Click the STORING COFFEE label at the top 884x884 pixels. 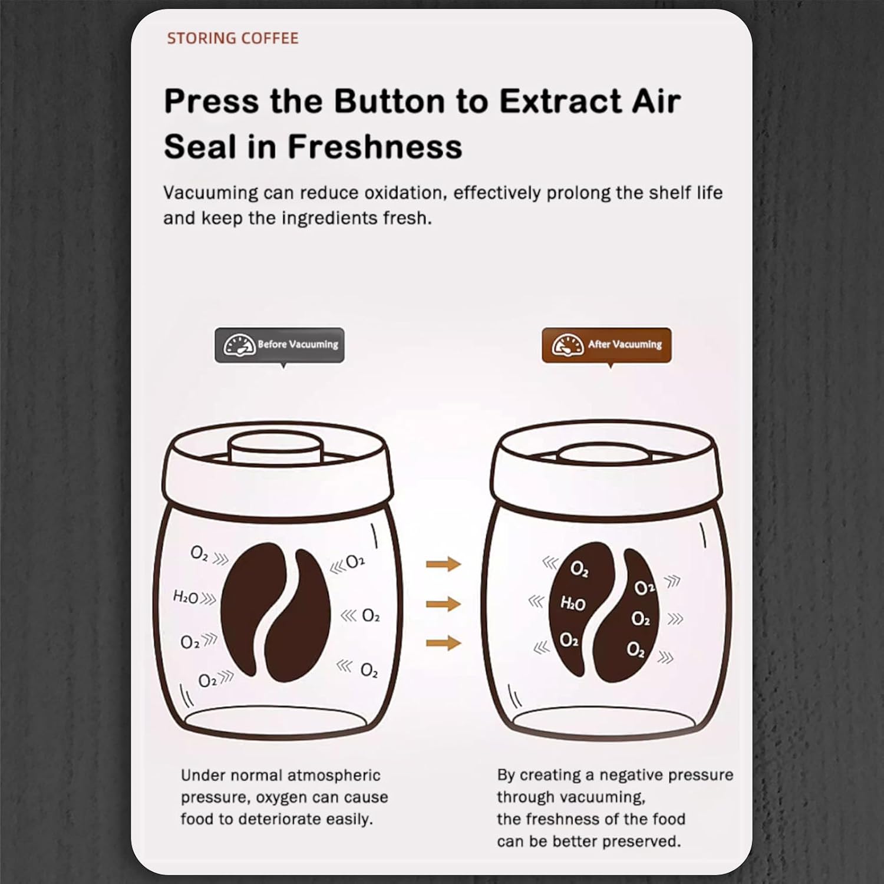[x=232, y=38]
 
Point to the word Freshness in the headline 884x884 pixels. [x=375, y=146]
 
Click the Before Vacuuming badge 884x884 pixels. [x=279, y=345]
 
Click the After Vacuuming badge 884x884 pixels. [x=606, y=345]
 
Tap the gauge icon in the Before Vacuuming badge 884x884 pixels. [x=239, y=345]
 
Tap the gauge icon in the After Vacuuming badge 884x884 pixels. [x=568, y=345]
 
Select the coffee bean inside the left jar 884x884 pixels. [x=275, y=613]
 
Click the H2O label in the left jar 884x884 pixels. [x=185, y=597]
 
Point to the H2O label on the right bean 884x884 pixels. [x=572, y=603]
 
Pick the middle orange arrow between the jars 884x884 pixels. [x=443, y=603]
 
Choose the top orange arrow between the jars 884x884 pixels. [x=443, y=564]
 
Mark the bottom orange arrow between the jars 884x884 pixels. [x=443, y=642]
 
